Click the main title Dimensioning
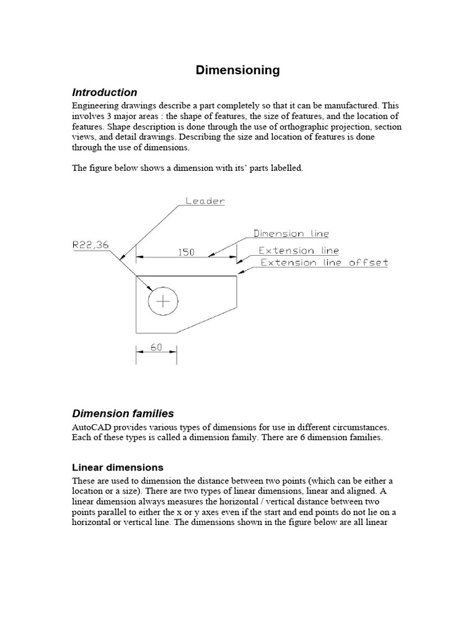tap(237, 70)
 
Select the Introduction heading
tap(105, 93)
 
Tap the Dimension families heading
tap(123, 413)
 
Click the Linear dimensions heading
tap(118, 467)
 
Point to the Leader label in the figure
tap(205, 201)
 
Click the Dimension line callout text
tap(291, 234)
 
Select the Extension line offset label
tap(324, 263)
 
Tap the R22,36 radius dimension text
tap(90, 245)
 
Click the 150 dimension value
tap(186, 252)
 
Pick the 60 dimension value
tap(156, 347)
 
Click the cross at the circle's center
tap(163, 302)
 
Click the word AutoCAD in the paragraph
tap(93, 428)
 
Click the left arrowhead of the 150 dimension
tap(140, 256)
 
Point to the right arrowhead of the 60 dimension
tap(173, 351)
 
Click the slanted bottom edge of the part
tap(206, 320)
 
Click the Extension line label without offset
tap(299, 251)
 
